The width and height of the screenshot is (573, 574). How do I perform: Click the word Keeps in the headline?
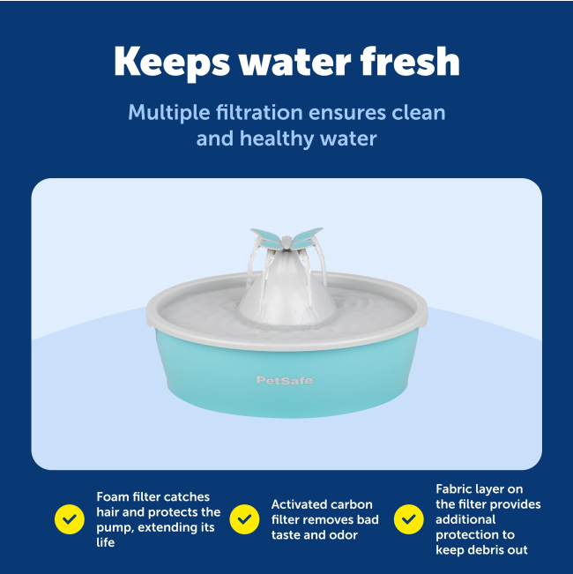(172, 63)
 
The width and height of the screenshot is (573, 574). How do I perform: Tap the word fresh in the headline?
(410, 61)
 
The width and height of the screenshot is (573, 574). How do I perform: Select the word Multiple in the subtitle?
(169, 113)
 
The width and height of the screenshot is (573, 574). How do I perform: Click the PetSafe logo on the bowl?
(285, 380)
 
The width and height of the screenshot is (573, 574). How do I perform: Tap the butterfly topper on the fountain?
(286, 238)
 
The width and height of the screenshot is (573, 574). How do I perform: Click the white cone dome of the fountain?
(287, 289)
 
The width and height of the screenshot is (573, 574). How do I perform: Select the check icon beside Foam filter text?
(70, 519)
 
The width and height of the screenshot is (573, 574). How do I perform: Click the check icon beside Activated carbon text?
(244, 519)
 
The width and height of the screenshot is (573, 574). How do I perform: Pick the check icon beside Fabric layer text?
(409, 519)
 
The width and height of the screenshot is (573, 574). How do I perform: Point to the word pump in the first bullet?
(115, 528)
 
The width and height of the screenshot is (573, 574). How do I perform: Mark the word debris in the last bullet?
(482, 550)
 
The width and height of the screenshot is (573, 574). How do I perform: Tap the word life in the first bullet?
(106, 542)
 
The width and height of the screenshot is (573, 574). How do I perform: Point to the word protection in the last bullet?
(475, 535)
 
